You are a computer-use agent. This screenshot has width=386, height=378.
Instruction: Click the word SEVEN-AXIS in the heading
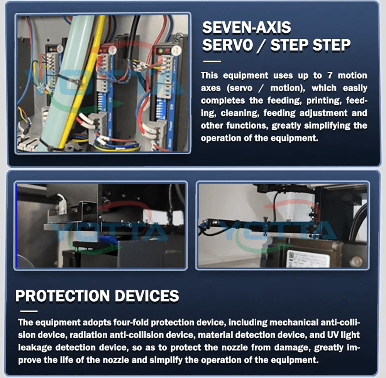(246, 27)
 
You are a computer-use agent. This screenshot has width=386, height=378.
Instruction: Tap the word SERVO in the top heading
(227, 45)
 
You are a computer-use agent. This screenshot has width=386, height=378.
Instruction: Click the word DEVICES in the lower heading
(147, 295)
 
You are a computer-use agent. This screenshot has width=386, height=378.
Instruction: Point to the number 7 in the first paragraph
(330, 76)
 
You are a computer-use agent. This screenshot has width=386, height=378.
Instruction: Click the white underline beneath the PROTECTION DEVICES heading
(29, 311)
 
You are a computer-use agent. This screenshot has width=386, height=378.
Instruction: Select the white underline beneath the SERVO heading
(212, 62)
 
